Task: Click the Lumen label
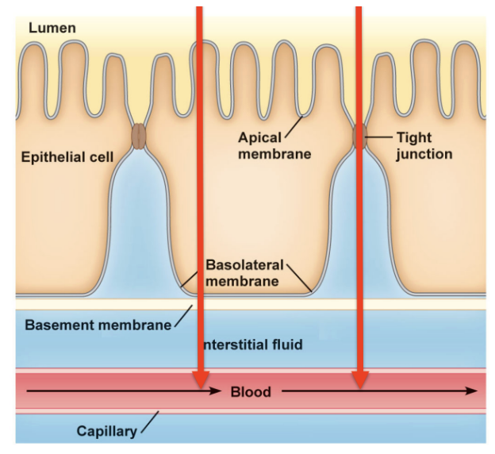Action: point(53,29)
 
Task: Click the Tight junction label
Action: point(424,145)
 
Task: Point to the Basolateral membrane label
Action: point(242,272)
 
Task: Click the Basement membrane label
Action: point(98,325)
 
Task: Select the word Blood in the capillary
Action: point(251,391)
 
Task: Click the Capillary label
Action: point(106,431)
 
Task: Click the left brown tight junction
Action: point(139,136)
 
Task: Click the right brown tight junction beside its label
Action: point(359,136)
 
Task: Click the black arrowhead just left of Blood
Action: point(216,391)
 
